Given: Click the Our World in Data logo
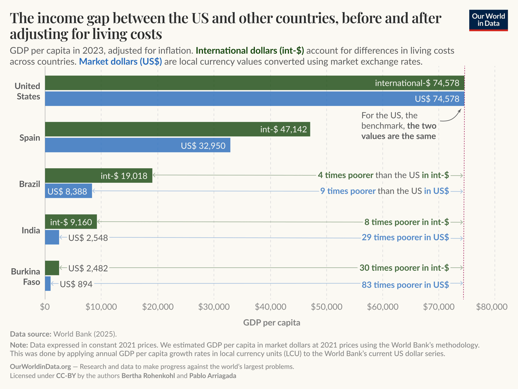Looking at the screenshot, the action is [488, 20].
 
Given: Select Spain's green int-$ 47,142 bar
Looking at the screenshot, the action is [178, 129].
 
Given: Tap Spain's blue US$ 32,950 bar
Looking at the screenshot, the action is [138, 145].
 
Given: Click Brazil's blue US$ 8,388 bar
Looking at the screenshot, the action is [68, 191].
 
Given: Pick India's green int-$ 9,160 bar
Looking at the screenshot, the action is [71, 222].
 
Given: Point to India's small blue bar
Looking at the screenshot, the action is [52, 237].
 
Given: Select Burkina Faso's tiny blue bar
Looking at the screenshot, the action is [48, 283].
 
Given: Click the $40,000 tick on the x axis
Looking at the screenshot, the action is [271, 306].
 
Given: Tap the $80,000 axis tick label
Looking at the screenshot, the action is [492, 306].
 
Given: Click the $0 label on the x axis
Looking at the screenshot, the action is [45, 306].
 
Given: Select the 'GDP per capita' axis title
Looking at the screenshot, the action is [272, 323].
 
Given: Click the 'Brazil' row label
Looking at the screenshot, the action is [30, 184].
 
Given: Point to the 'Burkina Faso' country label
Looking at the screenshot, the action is [25, 276].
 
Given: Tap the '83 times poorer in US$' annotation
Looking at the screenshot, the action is [405, 285].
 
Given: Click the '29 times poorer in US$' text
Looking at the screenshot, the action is [405, 237].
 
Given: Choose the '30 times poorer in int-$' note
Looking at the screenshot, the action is [404, 268].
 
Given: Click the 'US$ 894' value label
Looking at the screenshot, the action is [76, 284].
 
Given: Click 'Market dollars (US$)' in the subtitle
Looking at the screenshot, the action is [120, 62].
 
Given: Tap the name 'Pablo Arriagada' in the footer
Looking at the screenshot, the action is [213, 376].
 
